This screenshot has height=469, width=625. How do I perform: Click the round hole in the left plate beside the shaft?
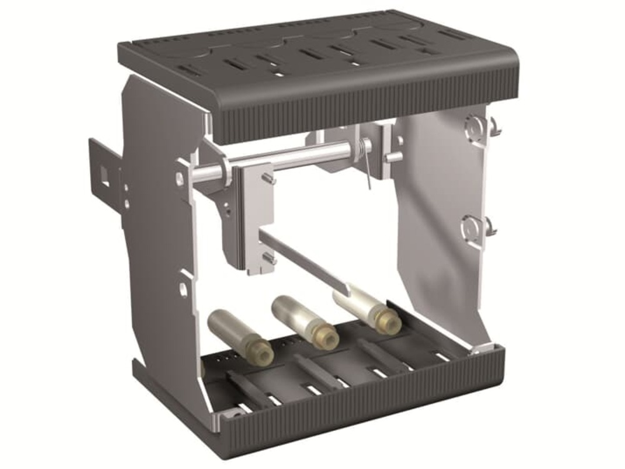[x=179, y=179]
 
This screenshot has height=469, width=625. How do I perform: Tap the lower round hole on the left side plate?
[x=183, y=289]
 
